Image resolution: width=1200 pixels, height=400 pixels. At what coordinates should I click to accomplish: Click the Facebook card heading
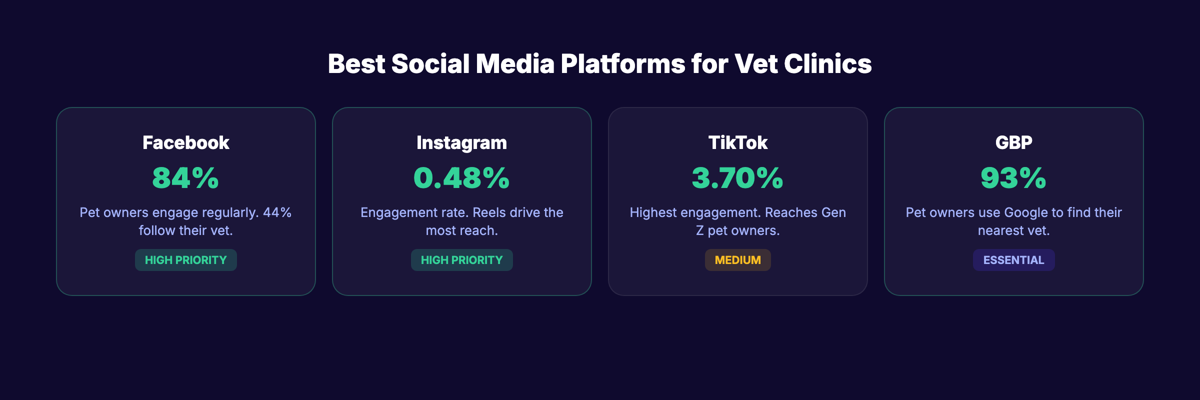pyautogui.click(x=185, y=143)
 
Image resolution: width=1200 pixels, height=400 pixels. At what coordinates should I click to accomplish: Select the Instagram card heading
pyautogui.click(x=461, y=143)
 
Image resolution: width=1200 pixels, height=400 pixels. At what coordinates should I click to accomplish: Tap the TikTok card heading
pyautogui.click(x=737, y=143)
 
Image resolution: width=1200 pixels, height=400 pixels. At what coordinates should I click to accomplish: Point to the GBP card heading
pyautogui.click(x=1013, y=143)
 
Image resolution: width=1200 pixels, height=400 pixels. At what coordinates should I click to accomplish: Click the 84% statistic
pyautogui.click(x=185, y=178)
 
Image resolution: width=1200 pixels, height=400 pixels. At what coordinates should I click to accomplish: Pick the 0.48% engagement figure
pyautogui.click(x=461, y=178)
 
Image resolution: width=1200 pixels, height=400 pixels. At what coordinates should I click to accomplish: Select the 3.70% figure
pyautogui.click(x=737, y=178)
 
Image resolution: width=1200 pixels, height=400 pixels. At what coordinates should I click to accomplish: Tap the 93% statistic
pyautogui.click(x=1013, y=178)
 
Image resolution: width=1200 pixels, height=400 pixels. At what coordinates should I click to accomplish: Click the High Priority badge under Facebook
pyautogui.click(x=185, y=260)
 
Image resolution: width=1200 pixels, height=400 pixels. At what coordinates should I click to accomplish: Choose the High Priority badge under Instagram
pyautogui.click(x=461, y=260)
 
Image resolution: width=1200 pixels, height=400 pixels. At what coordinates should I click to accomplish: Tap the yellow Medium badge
pyautogui.click(x=737, y=260)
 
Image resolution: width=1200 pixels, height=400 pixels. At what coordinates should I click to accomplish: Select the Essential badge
pyautogui.click(x=1013, y=260)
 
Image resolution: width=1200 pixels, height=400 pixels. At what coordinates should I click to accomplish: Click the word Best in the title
pyautogui.click(x=356, y=64)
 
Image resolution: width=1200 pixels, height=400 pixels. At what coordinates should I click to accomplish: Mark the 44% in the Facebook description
pyautogui.click(x=277, y=212)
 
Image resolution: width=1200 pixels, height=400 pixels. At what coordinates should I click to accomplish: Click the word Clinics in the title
pyautogui.click(x=827, y=64)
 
